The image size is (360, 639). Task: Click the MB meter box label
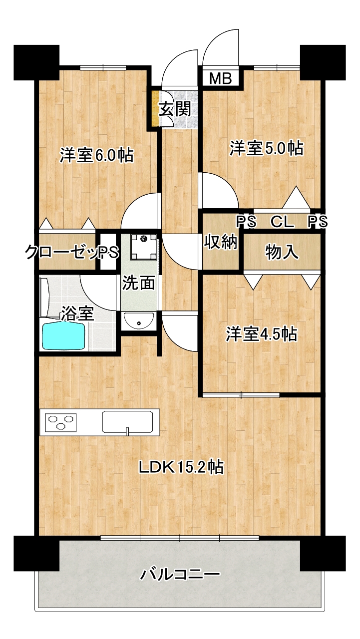tap(220, 78)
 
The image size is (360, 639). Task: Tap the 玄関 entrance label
tap(175, 108)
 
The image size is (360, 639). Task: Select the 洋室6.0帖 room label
tap(96, 155)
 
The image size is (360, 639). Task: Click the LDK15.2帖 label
tap(181, 467)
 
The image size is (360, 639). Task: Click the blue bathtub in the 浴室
tap(63, 336)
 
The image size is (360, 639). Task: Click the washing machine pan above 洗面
tap(144, 247)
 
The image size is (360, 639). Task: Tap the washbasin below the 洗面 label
tap(139, 320)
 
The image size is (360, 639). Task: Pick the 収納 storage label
tap(220, 243)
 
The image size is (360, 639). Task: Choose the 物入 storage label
tap(282, 252)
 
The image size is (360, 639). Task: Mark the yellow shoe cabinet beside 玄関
tap(155, 108)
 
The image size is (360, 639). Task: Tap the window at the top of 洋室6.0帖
tap(103, 67)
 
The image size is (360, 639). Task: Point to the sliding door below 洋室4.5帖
tap(241, 395)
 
